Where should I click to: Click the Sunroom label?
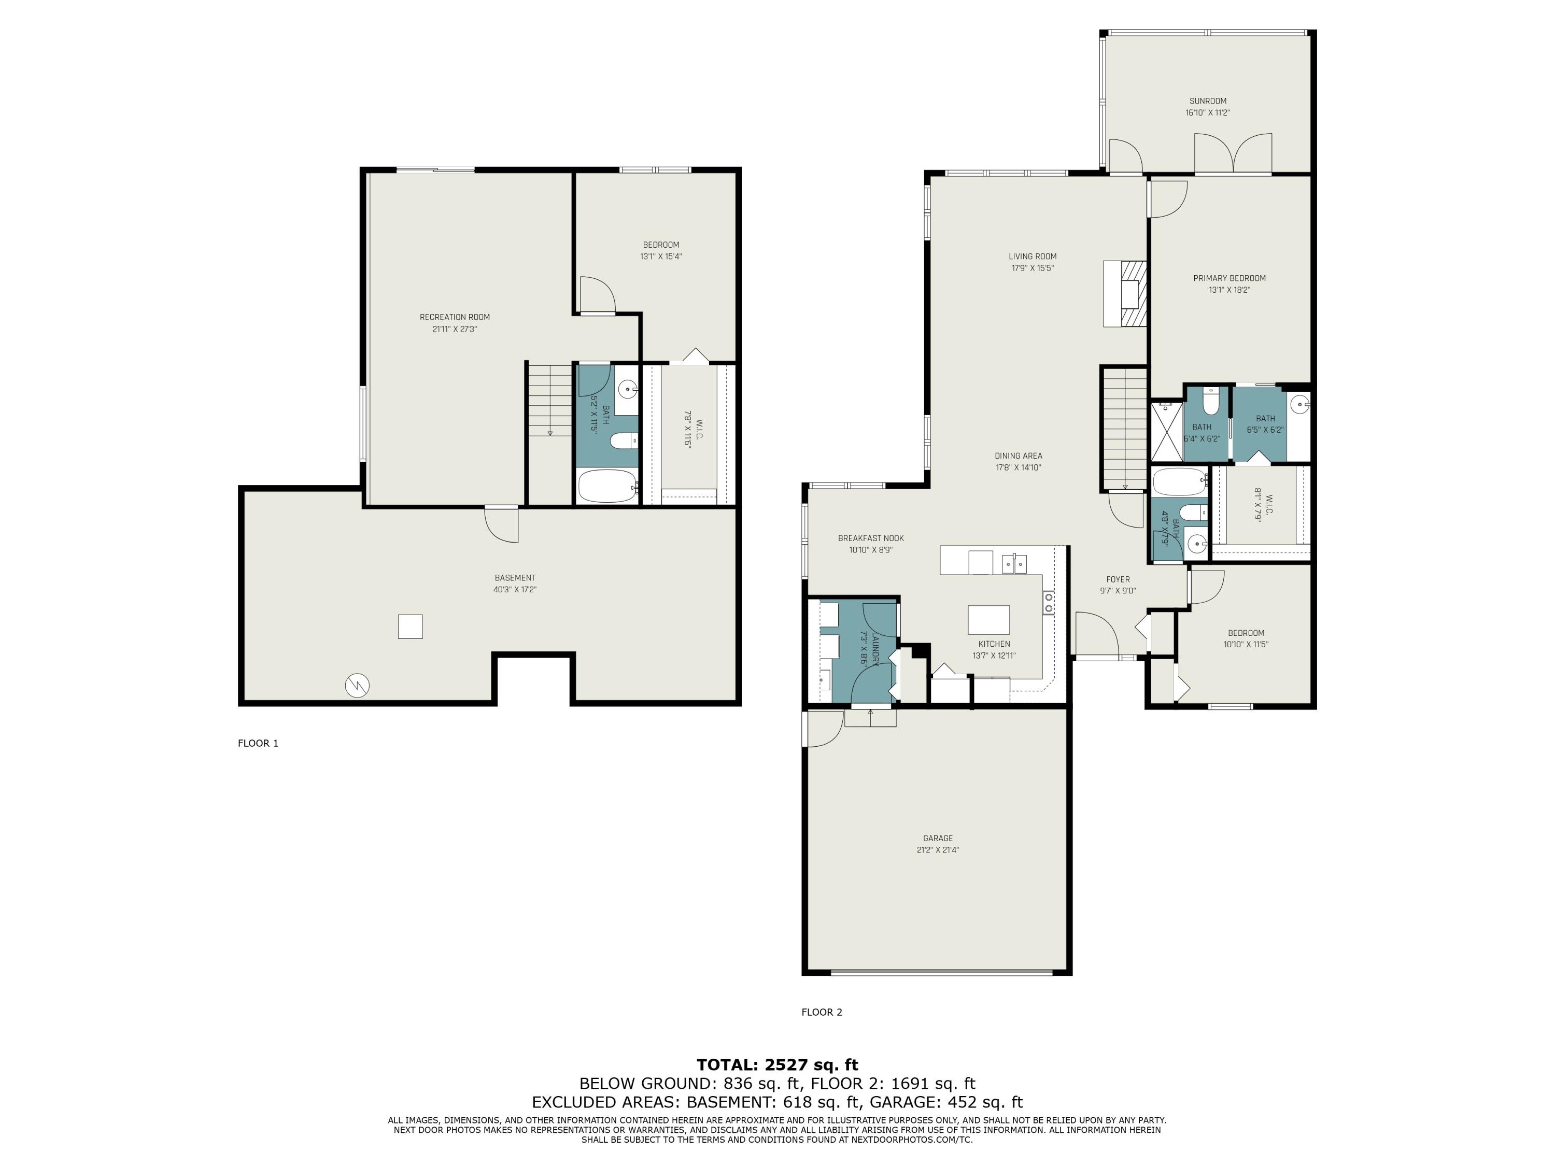[x=1208, y=101]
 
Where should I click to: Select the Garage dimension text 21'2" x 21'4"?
[x=938, y=850]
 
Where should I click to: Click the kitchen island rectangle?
[x=988, y=620]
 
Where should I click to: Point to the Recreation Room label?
[x=455, y=317]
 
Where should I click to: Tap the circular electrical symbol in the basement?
[x=357, y=685]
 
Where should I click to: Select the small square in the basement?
[x=411, y=626]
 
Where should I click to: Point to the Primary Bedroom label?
[x=1229, y=278]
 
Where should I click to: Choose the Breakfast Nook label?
[x=871, y=538]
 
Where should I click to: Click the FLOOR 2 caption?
[x=822, y=1012]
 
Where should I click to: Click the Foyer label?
[x=1118, y=580]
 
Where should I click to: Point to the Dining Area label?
[x=1019, y=456]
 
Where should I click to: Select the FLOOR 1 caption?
[x=258, y=743]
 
